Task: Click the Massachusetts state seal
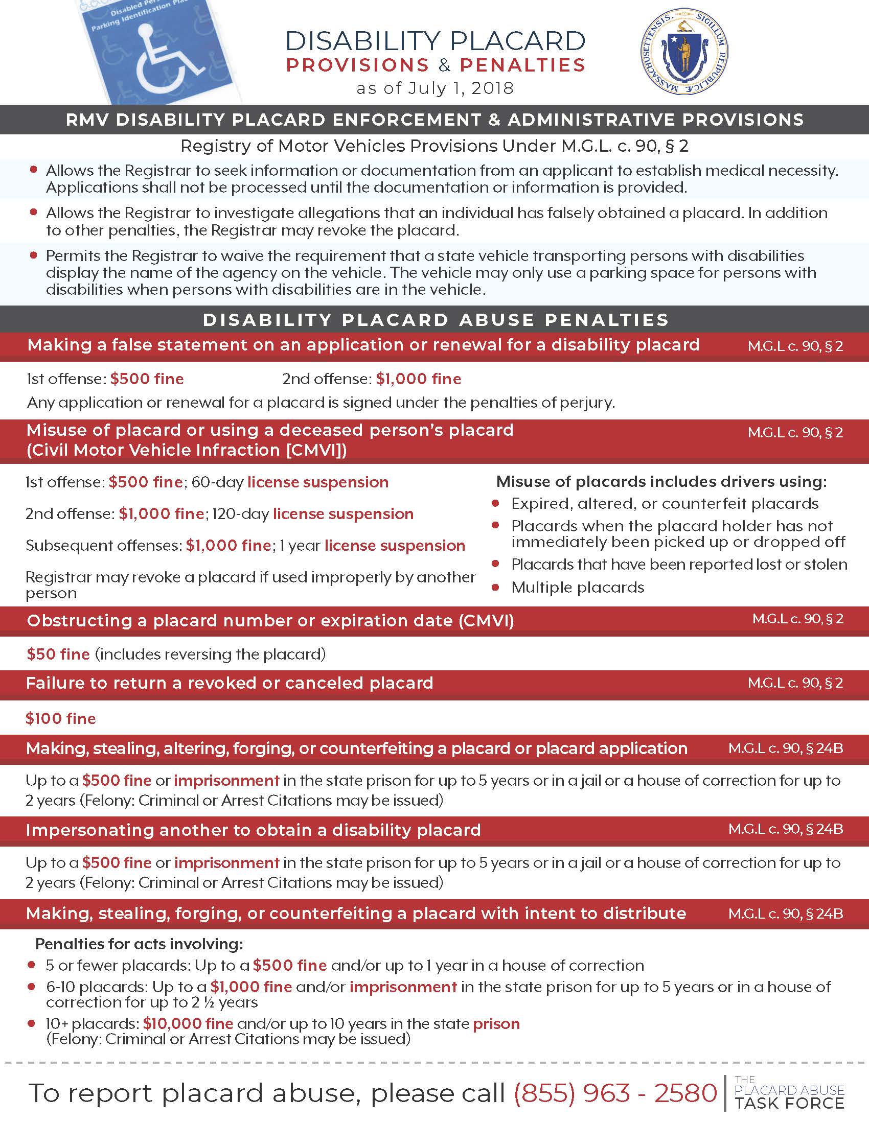(x=684, y=52)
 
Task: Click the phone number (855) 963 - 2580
(x=615, y=1093)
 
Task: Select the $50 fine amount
(x=58, y=654)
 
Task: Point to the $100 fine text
(x=61, y=718)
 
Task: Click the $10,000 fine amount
(x=188, y=1023)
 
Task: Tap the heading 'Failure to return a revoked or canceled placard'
(x=230, y=683)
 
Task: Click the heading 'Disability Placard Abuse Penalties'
(x=436, y=320)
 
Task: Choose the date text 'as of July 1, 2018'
(x=435, y=88)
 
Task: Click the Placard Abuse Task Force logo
(x=789, y=1092)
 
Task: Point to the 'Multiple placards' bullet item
(x=578, y=587)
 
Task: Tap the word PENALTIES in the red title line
(x=522, y=65)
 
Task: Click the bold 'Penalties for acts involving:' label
(x=139, y=944)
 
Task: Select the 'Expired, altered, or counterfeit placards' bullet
(x=665, y=503)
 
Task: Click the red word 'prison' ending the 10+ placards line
(x=496, y=1023)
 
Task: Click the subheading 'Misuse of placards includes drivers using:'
(x=661, y=482)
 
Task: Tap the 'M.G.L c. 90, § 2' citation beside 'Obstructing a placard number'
(x=797, y=619)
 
